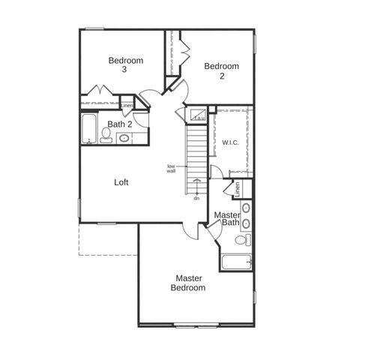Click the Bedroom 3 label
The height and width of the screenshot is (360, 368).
click(x=125, y=64)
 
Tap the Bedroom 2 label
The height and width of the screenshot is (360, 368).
click(x=222, y=71)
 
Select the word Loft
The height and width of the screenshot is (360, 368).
click(x=122, y=182)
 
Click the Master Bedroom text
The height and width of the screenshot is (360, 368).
click(x=187, y=283)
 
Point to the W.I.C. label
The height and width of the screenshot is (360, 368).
click(x=229, y=142)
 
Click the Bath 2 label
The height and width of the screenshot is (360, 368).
click(x=120, y=124)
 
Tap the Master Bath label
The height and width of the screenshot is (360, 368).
click(x=226, y=219)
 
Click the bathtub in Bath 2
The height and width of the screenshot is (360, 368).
click(x=88, y=129)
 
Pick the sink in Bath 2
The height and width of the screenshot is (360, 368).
click(x=124, y=138)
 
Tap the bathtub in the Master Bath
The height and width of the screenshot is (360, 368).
click(x=236, y=262)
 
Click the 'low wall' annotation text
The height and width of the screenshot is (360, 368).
click(x=171, y=169)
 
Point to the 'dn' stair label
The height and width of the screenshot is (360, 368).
click(x=196, y=198)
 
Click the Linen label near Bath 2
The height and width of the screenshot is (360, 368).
click(x=127, y=106)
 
